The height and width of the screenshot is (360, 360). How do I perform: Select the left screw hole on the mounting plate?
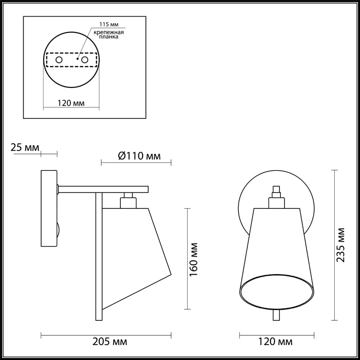coord(59,60)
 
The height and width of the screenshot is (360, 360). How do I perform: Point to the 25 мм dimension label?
coord(25,148)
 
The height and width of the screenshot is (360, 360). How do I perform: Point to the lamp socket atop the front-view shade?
coord(276,197)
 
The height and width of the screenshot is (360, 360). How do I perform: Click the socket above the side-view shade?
coord(127,201)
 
